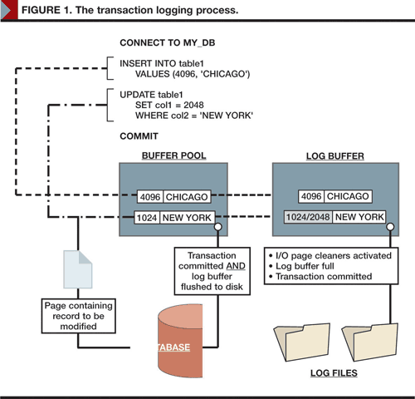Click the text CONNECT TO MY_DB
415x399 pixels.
[x=168, y=43]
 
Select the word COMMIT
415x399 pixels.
[x=139, y=136]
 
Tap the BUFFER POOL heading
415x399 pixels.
[x=173, y=155]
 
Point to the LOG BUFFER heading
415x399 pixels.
[x=335, y=156]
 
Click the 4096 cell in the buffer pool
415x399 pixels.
[x=150, y=197]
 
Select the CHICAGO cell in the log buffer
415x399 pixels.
[x=348, y=196]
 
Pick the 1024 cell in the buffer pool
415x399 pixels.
[x=147, y=218]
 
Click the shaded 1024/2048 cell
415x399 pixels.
[x=308, y=217]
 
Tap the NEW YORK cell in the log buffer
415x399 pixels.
[x=359, y=217]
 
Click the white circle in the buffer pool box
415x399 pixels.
[x=218, y=227]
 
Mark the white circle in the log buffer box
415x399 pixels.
[x=390, y=227]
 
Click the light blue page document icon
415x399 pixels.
[x=78, y=269]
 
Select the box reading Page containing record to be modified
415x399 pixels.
[x=79, y=316]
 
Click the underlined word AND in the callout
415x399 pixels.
[x=236, y=266]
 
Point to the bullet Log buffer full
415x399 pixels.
[x=302, y=266]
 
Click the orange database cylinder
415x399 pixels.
[x=180, y=341]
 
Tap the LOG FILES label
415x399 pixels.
[x=334, y=373]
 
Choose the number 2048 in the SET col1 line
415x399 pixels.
[x=193, y=105]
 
